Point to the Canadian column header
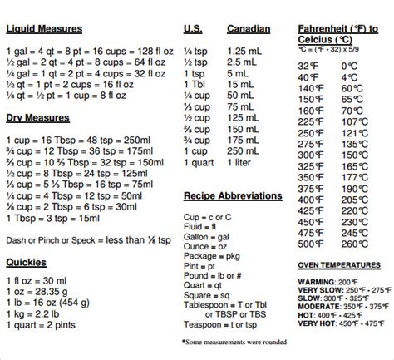point(249,29)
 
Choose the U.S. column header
point(193,29)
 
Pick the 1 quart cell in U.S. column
point(199,165)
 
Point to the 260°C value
point(354,244)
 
